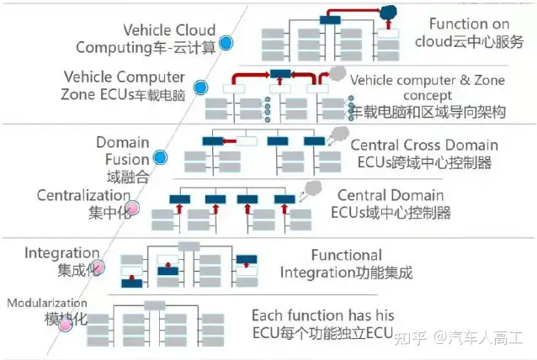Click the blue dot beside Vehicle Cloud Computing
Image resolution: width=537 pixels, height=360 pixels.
[226, 43]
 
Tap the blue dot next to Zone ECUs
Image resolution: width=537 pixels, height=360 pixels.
[200, 87]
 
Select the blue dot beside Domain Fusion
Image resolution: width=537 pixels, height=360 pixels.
[160, 157]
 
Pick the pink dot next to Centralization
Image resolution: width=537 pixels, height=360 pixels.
[133, 208]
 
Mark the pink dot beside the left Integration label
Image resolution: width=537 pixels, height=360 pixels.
[98, 267]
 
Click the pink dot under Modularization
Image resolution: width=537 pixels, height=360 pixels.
[65, 325]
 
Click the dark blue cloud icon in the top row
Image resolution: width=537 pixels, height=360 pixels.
[388, 13]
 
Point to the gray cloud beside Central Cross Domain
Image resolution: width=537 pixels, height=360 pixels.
[340, 133]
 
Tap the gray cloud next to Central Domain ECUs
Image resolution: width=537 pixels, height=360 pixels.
[313, 188]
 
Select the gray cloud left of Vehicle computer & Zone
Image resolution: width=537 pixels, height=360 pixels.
[338, 73]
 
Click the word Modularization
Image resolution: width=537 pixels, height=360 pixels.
[47, 303]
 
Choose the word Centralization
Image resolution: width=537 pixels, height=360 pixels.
[83, 195]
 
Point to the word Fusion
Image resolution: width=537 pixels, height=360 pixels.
[127, 160]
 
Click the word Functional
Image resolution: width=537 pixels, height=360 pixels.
[347, 256]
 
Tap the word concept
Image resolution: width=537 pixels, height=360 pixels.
[428, 96]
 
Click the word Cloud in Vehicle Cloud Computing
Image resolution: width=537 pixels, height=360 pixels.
[194, 30]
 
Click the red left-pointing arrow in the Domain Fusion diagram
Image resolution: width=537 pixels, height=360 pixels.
[230, 141]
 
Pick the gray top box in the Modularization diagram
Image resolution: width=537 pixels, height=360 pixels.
[155, 305]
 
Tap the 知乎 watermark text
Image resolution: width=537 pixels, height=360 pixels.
[411, 337]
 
